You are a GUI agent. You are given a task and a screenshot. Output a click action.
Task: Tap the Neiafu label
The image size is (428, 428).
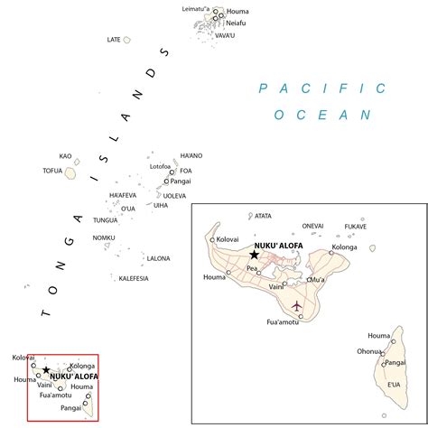236,23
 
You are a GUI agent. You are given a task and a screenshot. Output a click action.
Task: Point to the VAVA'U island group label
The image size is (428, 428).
223,35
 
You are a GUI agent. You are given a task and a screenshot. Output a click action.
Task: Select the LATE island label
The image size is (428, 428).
114,40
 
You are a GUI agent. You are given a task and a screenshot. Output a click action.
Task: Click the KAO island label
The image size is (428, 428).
65,155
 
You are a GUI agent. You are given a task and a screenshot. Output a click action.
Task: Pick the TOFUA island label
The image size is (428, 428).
52,171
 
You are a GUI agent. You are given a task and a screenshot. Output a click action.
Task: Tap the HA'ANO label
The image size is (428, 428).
191,155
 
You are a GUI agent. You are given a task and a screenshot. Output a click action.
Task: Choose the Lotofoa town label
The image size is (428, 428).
160,166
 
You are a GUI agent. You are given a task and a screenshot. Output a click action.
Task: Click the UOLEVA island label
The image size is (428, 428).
174,195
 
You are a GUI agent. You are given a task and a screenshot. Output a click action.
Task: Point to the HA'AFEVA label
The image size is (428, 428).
123,195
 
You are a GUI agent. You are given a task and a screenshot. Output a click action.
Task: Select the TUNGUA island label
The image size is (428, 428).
106,219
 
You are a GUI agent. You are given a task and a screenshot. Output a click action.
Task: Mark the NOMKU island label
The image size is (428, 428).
104,237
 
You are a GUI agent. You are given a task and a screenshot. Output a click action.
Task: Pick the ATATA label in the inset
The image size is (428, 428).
263,215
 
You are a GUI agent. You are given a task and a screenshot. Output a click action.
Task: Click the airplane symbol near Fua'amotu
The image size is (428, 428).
296,306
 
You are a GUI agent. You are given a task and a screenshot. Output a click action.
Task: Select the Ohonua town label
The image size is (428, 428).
369,351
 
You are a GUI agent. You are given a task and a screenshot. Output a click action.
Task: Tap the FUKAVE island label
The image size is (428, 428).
356,226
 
